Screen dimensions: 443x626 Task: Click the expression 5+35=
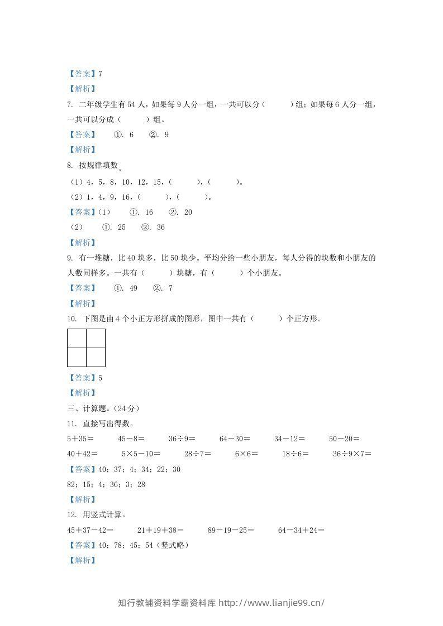coord(80,439)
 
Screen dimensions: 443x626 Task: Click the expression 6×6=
coord(246,454)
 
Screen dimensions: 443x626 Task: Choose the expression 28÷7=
coord(198,454)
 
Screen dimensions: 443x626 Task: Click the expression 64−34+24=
coord(301,530)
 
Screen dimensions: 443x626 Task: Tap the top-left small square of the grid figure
coord(77,338)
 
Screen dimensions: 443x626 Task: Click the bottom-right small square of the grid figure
coord(96,357)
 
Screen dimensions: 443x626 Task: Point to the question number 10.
coord(71,319)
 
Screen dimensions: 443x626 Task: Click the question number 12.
coord(71,514)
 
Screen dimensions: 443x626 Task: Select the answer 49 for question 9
coord(133,288)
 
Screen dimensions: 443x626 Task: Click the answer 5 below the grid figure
coord(100,378)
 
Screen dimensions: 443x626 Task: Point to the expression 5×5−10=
coord(141,454)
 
